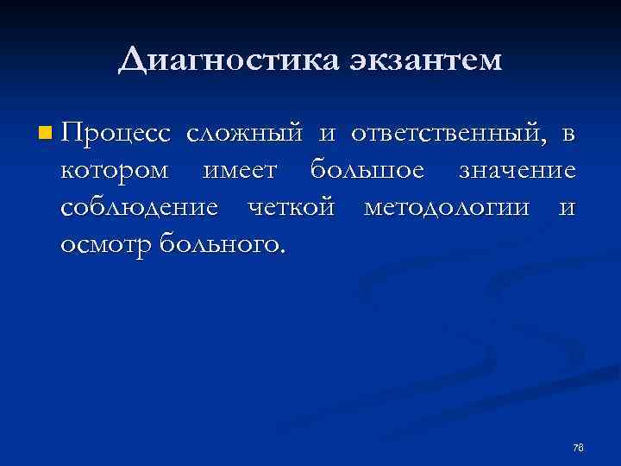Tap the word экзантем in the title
(426, 61)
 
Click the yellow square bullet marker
(45, 134)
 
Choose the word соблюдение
(139, 208)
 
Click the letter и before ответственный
(328, 135)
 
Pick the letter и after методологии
(567, 208)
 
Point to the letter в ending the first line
(568, 135)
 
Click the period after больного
(279, 251)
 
